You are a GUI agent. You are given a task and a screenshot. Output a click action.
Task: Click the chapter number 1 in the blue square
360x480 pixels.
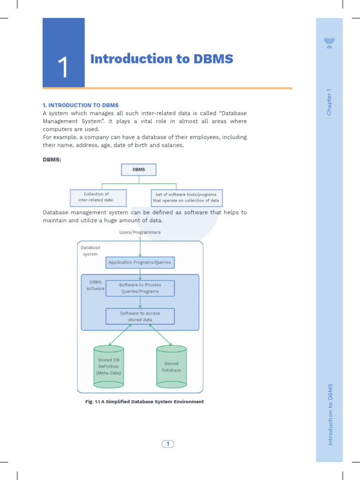click(63, 67)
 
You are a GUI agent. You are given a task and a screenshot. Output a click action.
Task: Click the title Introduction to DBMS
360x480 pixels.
click(161, 59)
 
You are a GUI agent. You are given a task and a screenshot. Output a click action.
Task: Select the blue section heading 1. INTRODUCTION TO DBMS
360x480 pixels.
click(81, 105)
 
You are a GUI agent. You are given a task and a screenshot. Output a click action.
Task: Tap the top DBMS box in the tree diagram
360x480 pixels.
click(139, 169)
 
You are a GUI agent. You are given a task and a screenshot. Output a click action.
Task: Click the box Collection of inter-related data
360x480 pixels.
click(98, 197)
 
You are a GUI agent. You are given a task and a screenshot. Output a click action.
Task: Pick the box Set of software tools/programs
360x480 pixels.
click(186, 197)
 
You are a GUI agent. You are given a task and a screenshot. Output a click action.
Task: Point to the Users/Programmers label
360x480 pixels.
click(140, 232)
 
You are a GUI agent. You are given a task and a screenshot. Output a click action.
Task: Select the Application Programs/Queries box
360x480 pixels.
click(140, 262)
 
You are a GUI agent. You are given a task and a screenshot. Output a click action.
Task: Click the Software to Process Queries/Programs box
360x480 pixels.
click(140, 288)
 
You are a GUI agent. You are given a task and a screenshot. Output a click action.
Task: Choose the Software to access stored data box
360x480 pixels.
click(140, 316)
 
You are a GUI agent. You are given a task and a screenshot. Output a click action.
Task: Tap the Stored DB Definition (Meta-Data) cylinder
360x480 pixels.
click(109, 367)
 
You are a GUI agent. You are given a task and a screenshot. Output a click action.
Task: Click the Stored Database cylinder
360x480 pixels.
click(171, 367)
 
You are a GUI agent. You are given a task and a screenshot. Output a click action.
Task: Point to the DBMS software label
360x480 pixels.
click(95, 285)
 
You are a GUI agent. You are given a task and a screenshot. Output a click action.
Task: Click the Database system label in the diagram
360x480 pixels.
click(90, 251)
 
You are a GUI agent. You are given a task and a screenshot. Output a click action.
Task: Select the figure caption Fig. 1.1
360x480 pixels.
click(144, 402)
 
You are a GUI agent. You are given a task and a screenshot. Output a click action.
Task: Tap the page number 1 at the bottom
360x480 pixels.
click(168, 443)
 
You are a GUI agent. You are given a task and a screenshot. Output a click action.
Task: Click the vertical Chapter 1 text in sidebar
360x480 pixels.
click(329, 102)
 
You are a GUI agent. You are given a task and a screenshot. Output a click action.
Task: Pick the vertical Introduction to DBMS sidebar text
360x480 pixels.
click(330, 414)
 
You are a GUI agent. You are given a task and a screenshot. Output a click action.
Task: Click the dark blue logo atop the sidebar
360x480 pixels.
click(329, 43)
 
